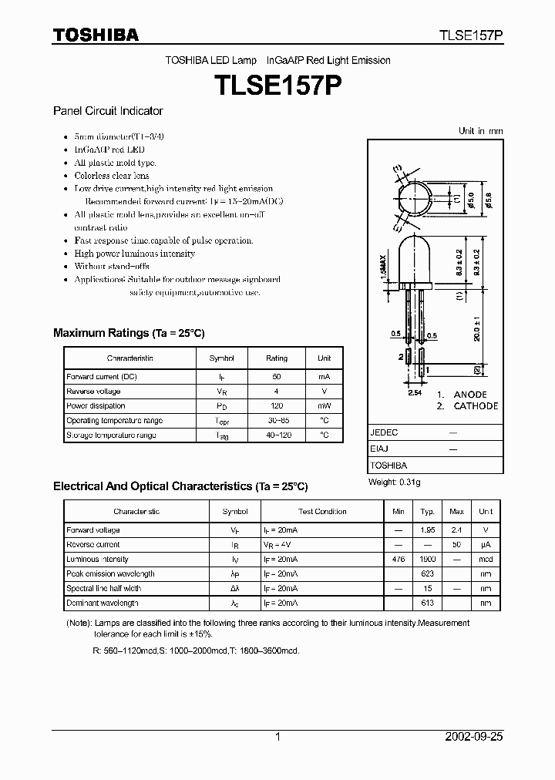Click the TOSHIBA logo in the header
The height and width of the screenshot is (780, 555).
click(x=96, y=35)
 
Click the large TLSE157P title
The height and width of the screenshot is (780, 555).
click(x=277, y=85)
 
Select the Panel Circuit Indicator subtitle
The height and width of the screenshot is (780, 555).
click(x=108, y=111)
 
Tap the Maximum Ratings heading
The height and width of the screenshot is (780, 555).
click(x=128, y=333)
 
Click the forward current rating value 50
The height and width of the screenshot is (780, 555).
click(x=277, y=377)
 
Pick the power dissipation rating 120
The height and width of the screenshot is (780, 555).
click(x=277, y=406)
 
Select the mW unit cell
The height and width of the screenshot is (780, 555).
click(x=325, y=406)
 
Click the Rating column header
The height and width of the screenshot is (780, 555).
click(x=277, y=358)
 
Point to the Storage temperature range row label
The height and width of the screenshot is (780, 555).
click(x=111, y=435)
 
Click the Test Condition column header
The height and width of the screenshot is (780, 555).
click(x=322, y=512)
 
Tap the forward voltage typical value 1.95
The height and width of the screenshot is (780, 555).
click(x=427, y=530)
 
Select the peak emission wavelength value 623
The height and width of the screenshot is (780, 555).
click(x=427, y=574)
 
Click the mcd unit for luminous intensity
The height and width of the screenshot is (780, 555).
click(x=485, y=560)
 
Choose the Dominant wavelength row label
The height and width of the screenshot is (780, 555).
click(x=103, y=603)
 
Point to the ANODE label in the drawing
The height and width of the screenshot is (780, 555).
click(x=470, y=394)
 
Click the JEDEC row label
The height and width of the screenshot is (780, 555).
click(x=384, y=433)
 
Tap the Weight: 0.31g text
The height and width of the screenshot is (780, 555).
click(x=395, y=482)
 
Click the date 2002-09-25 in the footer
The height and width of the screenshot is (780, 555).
click(x=474, y=737)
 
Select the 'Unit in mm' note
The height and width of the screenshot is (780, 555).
click(x=480, y=131)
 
